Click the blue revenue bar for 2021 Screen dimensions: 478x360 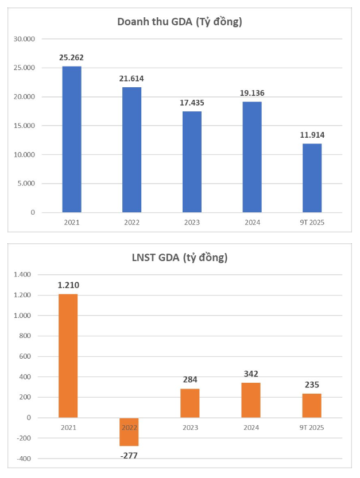pyautogui.click(x=72, y=139)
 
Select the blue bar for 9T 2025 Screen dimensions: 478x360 pyautogui.click(x=312, y=178)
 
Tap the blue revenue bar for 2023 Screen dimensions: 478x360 pyautogui.click(x=192, y=162)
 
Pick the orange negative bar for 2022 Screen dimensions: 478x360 pyautogui.click(x=129, y=432)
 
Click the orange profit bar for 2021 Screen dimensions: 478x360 pyautogui.click(x=68, y=356)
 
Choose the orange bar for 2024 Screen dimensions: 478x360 pyautogui.click(x=251, y=400)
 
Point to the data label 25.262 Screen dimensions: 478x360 pyautogui.click(x=72, y=57)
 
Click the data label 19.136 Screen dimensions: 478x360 pyautogui.click(x=252, y=93)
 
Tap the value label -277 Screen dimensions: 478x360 pyautogui.click(x=129, y=455)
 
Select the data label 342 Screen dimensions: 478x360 pyautogui.click(x=251, y=374)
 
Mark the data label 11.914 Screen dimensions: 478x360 pyautogui.click(x=312, y=134)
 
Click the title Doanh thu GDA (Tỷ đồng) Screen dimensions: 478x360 pyautogui.click(x=179, y=22)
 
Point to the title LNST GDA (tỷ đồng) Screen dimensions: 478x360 pyautogui.click(x=179, y=258)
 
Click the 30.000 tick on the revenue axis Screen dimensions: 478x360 pyautogui.click(x=25, y=39)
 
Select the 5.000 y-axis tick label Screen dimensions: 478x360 pyautogui.click(x=26, y=184)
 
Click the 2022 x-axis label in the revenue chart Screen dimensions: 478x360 pyautogui.click(x=131, y=222)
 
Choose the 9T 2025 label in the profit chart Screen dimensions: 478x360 pyautogui.click(x=312, y=428)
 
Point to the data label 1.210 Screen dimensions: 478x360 pyautogui.click(x=68, y=285)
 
